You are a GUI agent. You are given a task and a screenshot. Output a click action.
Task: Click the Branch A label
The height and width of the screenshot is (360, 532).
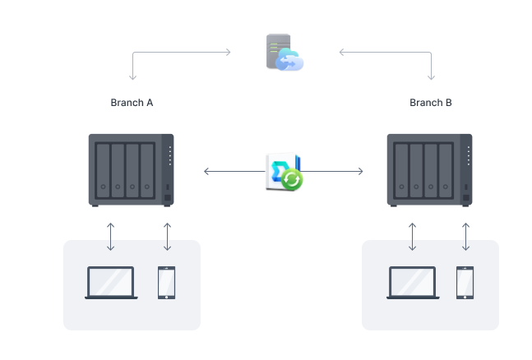132,104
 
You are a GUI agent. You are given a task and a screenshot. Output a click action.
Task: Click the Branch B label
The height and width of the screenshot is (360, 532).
431,104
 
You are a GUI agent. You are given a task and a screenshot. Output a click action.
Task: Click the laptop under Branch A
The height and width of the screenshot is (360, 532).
111,283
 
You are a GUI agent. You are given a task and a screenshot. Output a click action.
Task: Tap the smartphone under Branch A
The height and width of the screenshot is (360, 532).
167,282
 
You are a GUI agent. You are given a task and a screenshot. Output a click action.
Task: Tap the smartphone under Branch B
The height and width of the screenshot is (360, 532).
465,282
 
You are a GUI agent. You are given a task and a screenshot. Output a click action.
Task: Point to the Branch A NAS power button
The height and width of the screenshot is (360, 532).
168,198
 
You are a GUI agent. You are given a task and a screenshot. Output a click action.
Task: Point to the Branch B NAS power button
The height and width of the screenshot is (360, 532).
466,198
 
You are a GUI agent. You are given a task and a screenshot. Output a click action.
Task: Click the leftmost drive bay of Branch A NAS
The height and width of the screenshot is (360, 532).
102,172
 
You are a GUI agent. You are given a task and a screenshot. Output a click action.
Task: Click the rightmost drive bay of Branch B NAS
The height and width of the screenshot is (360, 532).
446,172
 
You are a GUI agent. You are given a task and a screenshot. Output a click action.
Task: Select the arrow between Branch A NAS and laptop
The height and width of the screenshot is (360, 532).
111,236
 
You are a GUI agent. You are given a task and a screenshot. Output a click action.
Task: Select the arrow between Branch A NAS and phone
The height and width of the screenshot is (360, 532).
167,236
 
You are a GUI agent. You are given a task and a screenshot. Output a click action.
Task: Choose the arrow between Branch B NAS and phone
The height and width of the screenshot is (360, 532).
465,236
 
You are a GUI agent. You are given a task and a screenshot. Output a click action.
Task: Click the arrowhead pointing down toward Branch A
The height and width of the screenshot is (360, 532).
132,78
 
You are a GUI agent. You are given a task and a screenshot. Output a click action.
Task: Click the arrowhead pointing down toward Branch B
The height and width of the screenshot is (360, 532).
431,78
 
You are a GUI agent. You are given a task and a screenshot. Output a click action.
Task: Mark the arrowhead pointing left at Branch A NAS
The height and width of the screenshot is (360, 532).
206,172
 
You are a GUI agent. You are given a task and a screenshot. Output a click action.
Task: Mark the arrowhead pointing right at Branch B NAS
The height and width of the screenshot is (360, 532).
361,172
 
